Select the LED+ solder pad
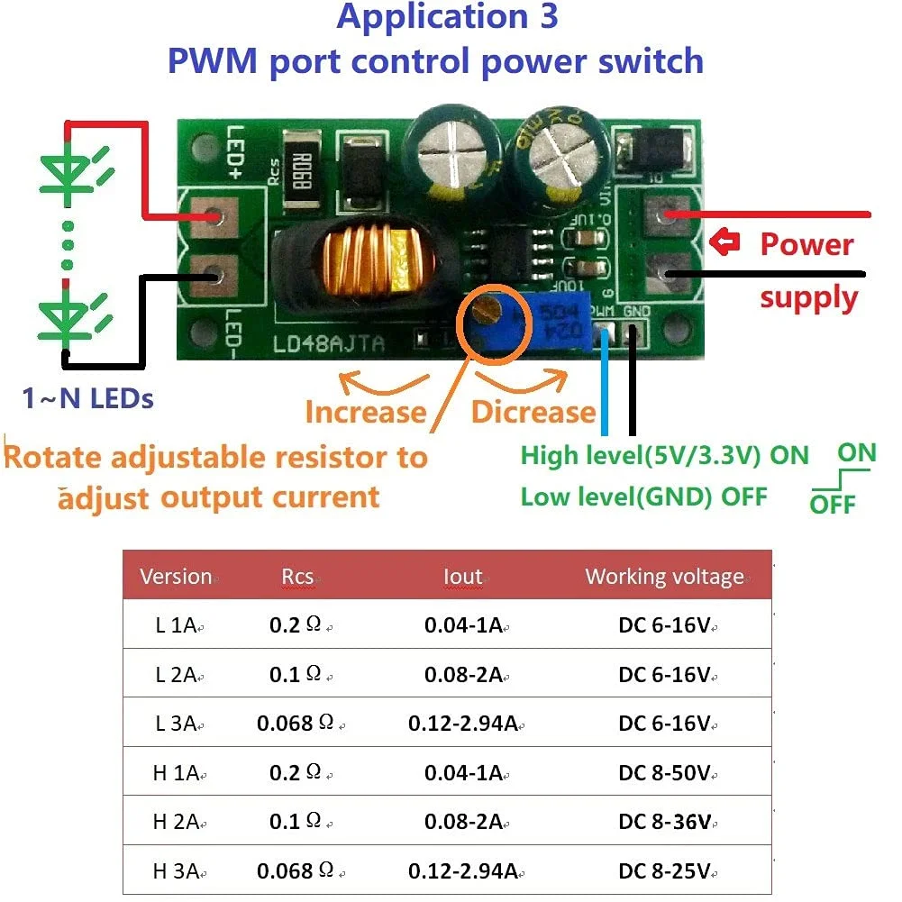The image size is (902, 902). click(214, 217)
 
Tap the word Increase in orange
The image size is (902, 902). click(365, 412)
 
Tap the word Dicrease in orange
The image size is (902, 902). click(533, 412)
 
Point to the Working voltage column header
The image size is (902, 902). click(665, 577)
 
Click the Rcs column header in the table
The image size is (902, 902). click(297, 577)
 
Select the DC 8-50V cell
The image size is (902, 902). click(665, 773)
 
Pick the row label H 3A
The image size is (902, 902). click(175, 871)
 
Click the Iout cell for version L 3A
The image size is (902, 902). click(463, 724)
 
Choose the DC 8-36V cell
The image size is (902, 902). click(665, 822)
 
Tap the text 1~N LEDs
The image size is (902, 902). click(87, 398)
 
